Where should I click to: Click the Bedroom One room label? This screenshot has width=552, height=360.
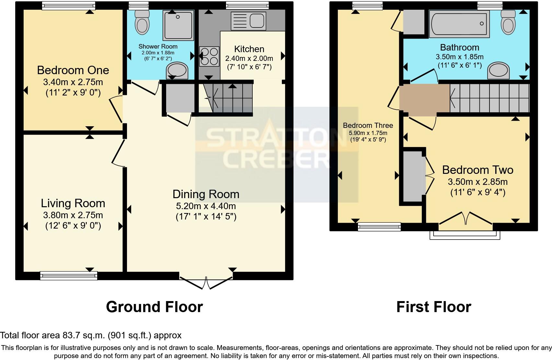pos(73,70)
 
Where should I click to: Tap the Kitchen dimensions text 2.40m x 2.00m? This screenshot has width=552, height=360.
pos(249,59)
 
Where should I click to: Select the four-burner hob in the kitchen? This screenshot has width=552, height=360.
pos(209,56)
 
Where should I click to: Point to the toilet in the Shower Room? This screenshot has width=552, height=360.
pos(142,22)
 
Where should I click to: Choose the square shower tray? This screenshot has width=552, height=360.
pos(178,25)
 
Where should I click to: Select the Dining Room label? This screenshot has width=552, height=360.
pos(206,194)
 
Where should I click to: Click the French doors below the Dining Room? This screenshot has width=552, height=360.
pos(206,283)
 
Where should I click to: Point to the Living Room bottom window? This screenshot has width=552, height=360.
pos(69,276)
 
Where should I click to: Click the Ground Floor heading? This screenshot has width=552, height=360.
pos(154,307)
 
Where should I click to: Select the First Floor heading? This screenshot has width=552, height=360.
pos(433,307)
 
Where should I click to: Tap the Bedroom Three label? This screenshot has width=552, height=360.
pos(368,125)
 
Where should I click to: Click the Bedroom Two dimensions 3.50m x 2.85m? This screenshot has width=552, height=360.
pos(477,182)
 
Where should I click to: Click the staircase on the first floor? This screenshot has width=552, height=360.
pos(489,98)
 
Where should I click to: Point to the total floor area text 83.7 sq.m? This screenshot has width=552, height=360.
pos(91,335)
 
